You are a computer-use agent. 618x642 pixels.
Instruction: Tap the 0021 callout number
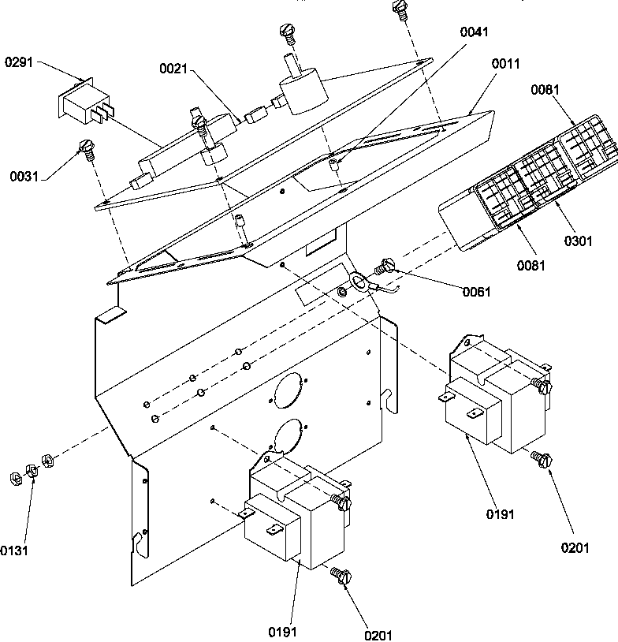(173, 69)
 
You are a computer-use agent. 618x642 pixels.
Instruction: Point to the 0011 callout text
(507, 63)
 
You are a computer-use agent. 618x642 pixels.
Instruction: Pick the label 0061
(476, 292)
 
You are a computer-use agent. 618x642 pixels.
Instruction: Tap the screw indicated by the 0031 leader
(87, 147)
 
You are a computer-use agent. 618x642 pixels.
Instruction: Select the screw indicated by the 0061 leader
(386, 267)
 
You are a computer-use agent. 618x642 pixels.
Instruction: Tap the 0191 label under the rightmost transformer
(500, 514)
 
